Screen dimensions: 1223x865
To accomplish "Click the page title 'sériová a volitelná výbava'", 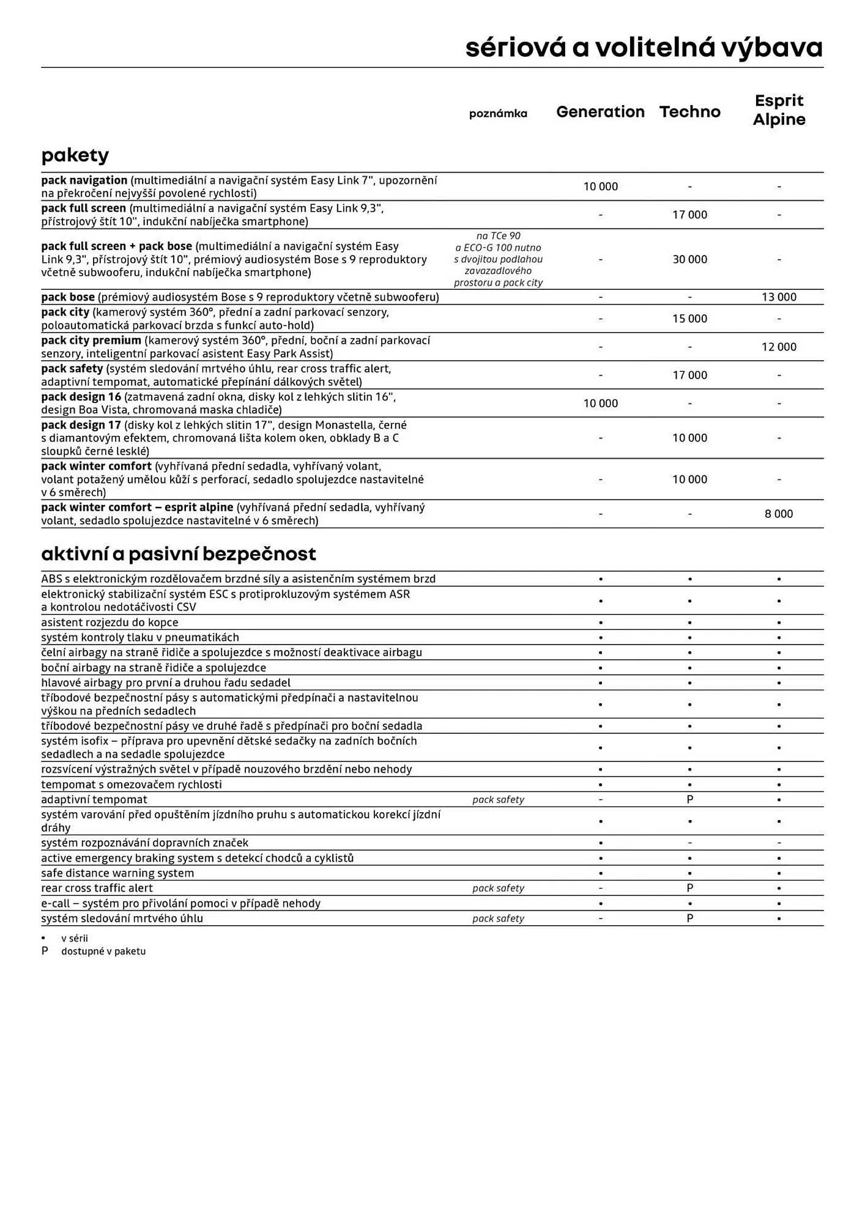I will (644, 48).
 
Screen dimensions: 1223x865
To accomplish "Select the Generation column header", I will (600, 112).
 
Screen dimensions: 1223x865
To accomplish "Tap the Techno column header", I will (689, 112).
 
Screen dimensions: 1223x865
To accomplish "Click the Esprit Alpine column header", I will (779, 110).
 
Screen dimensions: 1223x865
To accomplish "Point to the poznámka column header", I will (498, 114).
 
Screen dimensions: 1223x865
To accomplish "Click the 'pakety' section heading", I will (75, 155).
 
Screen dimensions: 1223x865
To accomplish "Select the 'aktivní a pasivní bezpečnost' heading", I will (179, 554).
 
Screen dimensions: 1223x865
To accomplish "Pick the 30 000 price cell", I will (689, 259).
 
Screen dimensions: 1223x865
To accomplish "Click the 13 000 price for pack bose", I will (779, 297).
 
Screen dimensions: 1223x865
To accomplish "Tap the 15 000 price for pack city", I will (689, 319).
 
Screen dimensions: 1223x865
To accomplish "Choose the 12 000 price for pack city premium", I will (779, 347).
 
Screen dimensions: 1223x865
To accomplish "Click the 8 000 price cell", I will (779, 514).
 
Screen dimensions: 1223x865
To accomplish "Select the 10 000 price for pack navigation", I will (600, 187).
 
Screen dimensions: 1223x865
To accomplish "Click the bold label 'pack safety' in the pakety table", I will (72, 369).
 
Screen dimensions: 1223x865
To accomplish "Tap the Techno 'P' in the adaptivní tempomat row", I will (689, 799).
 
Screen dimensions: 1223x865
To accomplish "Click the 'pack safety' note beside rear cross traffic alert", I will (498, 889).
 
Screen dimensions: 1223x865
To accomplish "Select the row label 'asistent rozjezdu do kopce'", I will (110, 623).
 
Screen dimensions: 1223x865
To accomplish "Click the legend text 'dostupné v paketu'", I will (103, 951).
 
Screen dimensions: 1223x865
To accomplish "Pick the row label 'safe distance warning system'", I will (117, 873).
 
